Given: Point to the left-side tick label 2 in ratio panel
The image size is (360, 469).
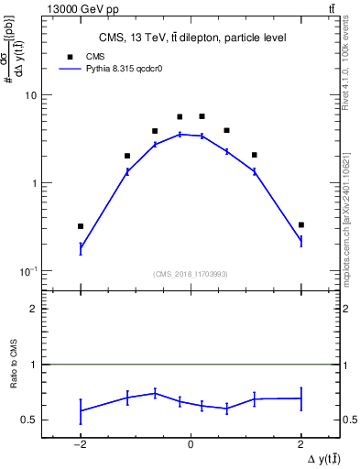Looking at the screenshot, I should tap(33, 310).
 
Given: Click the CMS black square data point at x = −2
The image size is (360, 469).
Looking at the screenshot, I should tap(81, 226).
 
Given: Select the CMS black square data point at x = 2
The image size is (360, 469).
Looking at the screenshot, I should tap(300, 224).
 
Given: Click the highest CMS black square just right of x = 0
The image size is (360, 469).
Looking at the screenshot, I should tap(202, 116).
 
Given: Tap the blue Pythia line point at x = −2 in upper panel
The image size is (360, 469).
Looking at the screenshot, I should tap(81, 247).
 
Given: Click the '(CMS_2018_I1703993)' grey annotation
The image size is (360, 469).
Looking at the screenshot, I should tap(191, 273).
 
